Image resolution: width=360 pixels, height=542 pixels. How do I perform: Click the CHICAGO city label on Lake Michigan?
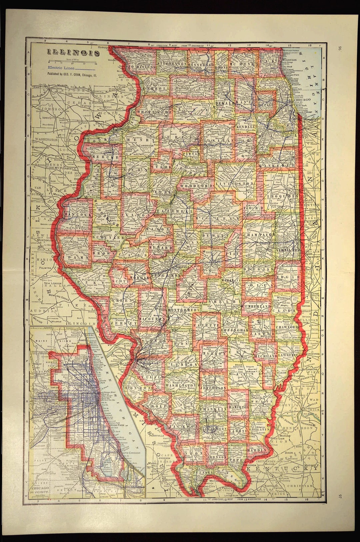(302, 99)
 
